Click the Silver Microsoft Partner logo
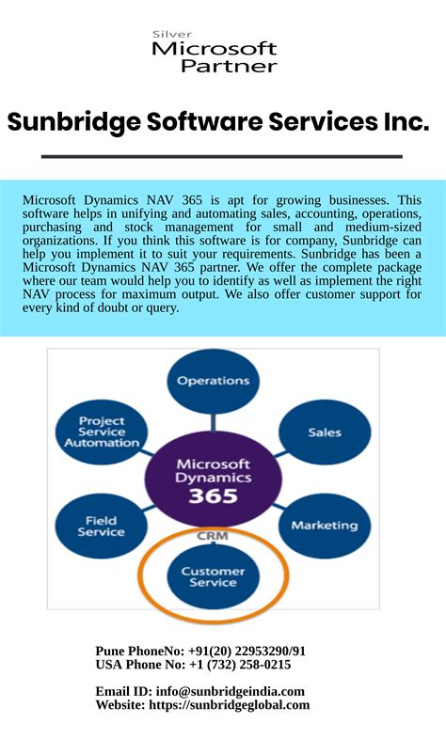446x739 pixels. [215, 54]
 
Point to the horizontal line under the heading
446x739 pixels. [222, 156]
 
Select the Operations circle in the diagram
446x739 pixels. [214, 382]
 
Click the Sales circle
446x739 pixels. [324, 433]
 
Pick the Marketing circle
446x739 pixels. [324, 525]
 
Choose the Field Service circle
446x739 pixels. [100, 525]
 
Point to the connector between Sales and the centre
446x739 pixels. [271, 454]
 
